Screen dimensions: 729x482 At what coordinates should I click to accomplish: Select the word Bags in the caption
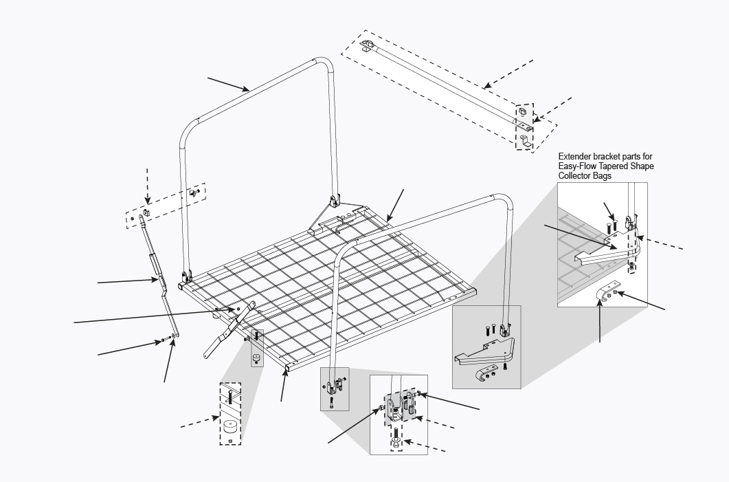[602, 176]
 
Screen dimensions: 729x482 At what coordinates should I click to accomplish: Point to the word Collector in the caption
[574, 176]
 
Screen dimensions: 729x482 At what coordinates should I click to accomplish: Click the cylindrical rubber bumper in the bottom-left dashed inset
[230, 426]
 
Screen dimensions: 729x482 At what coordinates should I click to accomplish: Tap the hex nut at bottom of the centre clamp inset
[396, 446]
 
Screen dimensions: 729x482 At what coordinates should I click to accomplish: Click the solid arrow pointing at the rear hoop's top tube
[229, 84]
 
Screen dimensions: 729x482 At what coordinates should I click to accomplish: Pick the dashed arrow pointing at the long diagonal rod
[508, 74]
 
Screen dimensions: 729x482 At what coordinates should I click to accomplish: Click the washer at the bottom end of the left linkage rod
[174, 336]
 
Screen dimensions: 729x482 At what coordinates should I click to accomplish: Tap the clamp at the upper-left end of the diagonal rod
[368, 45]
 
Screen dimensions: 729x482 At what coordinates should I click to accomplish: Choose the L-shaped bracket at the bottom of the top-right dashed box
[526, 142]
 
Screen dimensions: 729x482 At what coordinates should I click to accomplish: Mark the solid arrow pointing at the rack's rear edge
[395, 206]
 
